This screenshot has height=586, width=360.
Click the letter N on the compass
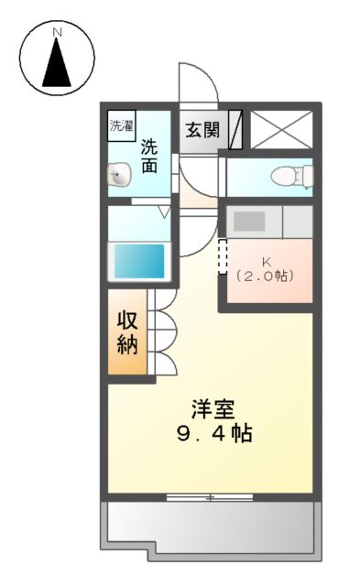57,32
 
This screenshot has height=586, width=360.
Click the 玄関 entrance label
202,129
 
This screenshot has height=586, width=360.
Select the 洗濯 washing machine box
122,127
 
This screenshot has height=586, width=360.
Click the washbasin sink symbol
117,176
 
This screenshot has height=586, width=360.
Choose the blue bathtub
138,261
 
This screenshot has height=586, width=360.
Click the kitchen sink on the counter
248,221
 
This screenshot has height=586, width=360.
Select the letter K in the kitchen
265,259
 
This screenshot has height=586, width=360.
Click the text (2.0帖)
265,274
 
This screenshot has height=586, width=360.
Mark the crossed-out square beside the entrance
282,129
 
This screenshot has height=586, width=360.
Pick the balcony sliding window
210,497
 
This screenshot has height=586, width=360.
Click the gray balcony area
210,528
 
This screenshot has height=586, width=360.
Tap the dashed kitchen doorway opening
221,256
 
